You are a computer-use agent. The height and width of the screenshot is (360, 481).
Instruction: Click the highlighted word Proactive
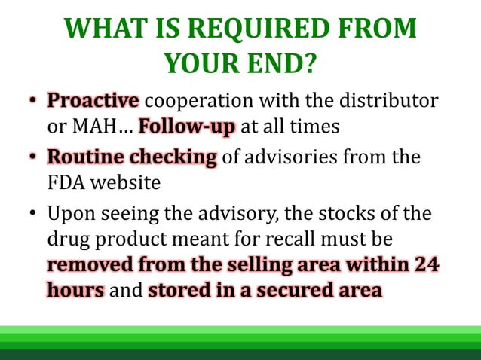tap(93, 101)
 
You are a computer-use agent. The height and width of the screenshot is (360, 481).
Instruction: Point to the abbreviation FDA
tap(66, 182)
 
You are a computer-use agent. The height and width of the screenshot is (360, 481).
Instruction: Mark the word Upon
tap(69, 214)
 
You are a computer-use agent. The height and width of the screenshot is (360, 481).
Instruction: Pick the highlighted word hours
tap(75, 290)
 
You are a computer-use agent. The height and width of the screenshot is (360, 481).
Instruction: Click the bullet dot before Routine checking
tap(34, 158)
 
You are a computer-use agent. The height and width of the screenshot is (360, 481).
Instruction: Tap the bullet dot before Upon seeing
tap(34, 215)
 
